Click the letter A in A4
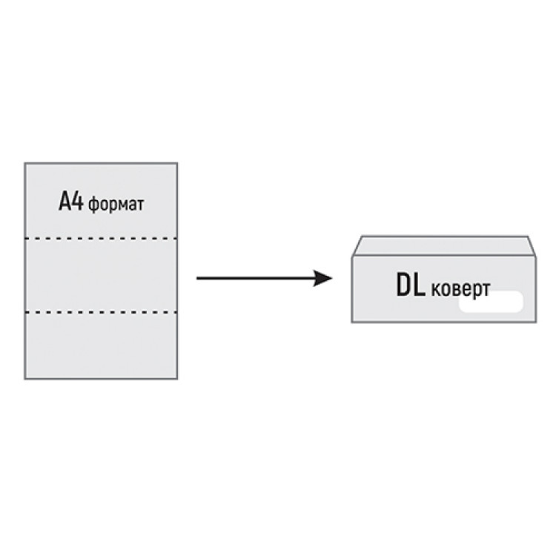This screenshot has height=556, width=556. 65,202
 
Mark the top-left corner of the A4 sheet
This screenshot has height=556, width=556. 25,163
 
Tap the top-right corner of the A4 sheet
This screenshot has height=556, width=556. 177,163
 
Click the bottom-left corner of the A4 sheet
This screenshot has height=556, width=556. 25,379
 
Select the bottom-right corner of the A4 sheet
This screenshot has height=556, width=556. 177,379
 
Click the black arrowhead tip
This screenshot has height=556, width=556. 331,279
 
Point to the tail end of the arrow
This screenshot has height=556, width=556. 197,279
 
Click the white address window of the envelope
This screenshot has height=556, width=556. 491,302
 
